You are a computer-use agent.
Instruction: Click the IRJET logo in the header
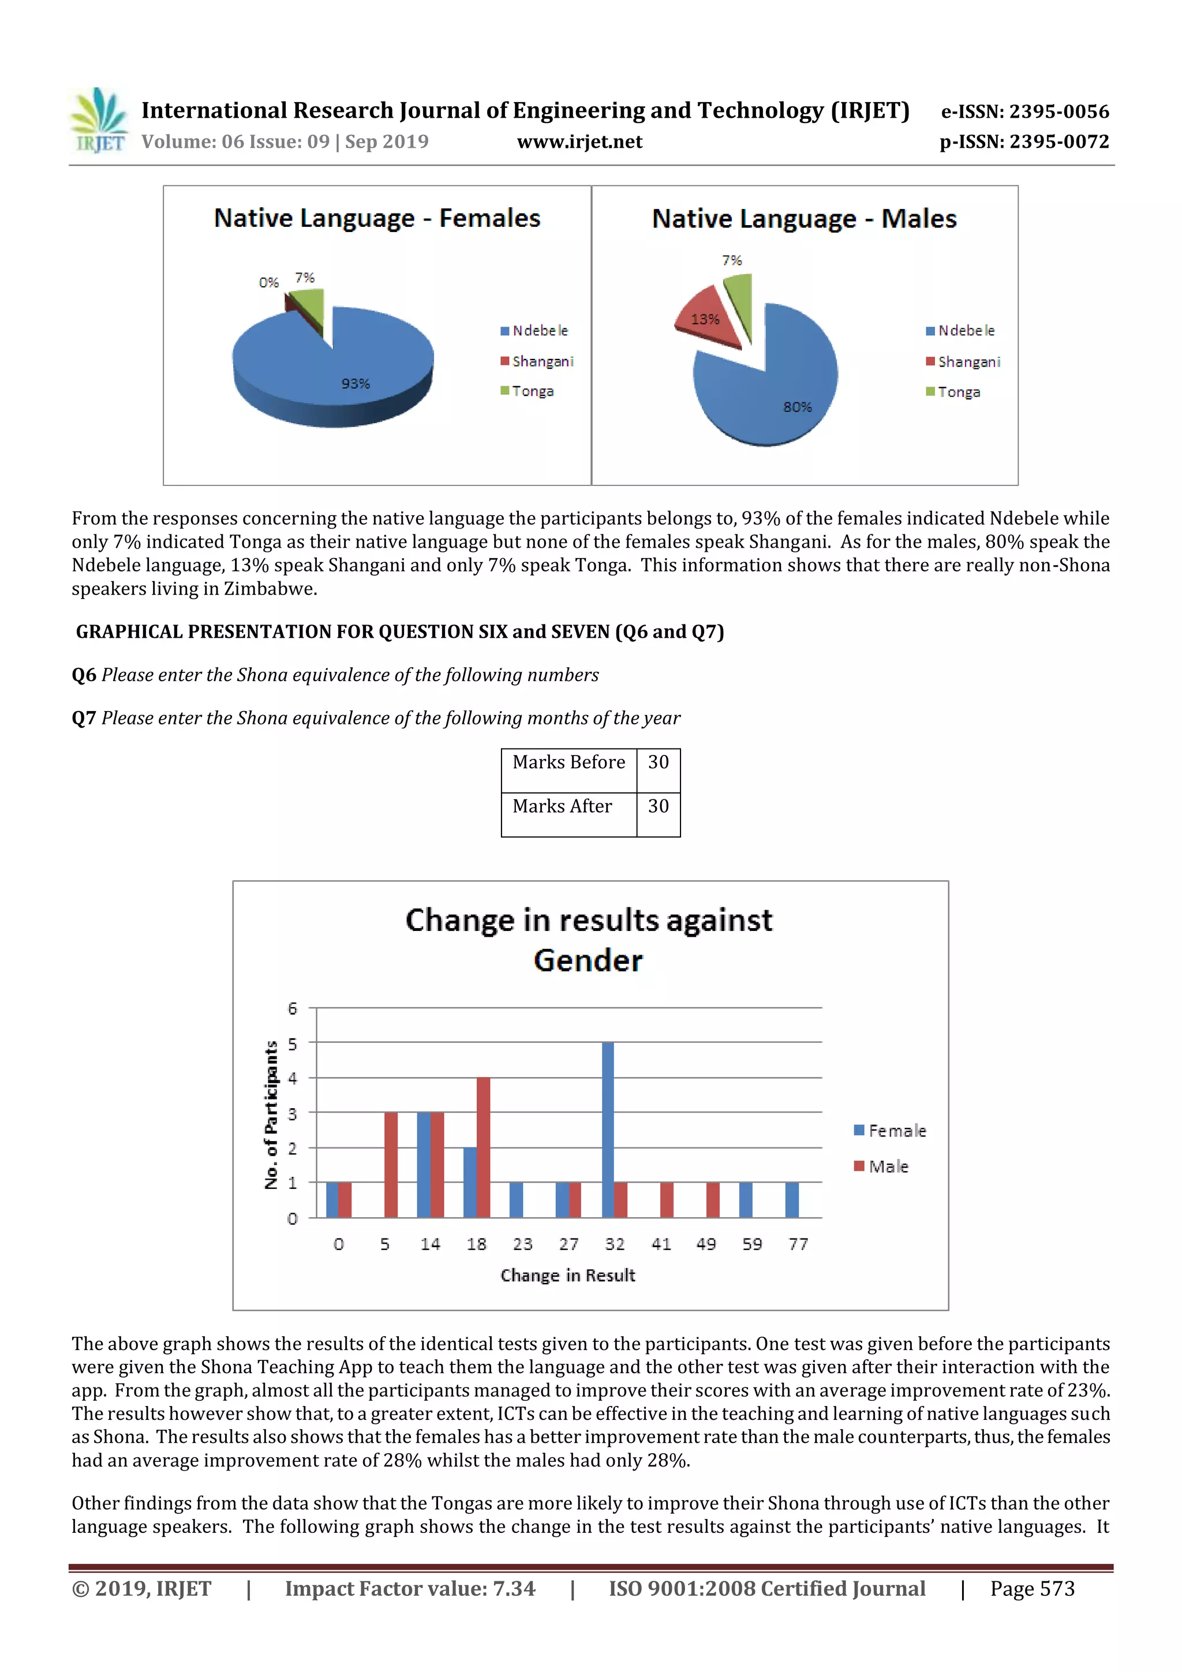[x=98, y=120]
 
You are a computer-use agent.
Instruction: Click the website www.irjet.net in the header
[x=579, y=141]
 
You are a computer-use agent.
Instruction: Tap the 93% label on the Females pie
[x=356, y=384]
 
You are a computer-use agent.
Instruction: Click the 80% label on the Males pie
[x=796, y=407]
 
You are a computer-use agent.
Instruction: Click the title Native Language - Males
[x=804, y=219]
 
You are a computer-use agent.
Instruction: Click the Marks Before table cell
[x=569, y=762]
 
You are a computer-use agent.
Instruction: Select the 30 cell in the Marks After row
[x=659, y=806]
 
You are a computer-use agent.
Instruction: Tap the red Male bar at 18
[x=483, y=1147]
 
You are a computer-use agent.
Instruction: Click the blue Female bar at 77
[x=792, y=1199]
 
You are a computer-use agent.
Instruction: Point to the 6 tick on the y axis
[x=293, y=1009]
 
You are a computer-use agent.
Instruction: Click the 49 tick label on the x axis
[x=706, y=1244]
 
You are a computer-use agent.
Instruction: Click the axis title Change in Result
[x=567, y=1275]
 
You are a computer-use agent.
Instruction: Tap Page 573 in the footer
[x=1031, y=1588]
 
